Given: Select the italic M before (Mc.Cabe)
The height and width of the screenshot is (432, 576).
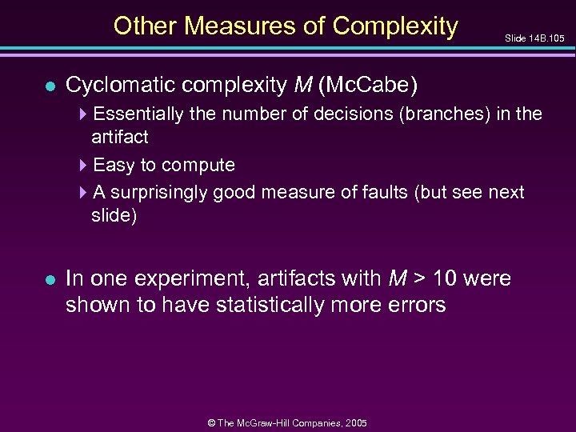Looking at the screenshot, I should point(298,85).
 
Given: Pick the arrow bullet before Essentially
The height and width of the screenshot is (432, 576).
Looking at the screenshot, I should point(84,114).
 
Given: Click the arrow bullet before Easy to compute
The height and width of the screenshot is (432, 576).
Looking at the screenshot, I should point(84,166).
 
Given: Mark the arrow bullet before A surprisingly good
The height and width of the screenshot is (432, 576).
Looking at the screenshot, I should point(84,193).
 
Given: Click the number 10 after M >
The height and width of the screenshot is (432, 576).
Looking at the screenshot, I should point(449,279).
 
